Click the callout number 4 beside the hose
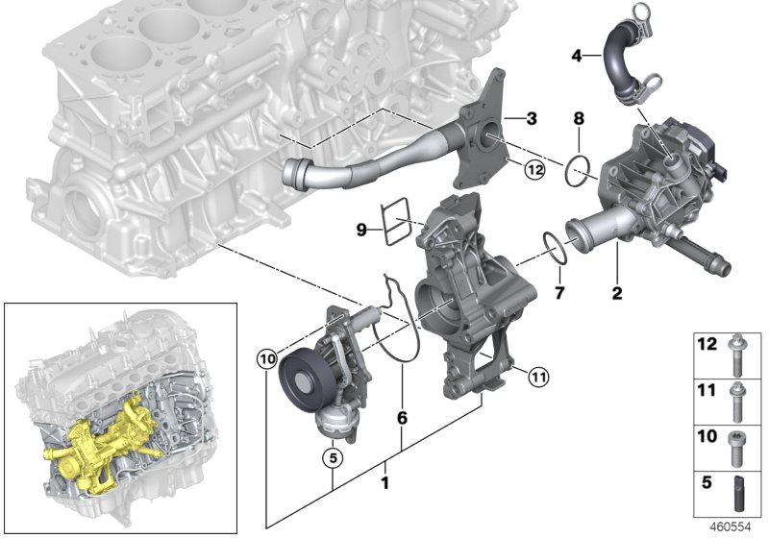click(x=577, y=56)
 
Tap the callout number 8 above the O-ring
click(x=579, y=119)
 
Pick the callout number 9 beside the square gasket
click(x=362, y=230)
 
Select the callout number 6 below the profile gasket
click(x=403, y=418)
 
